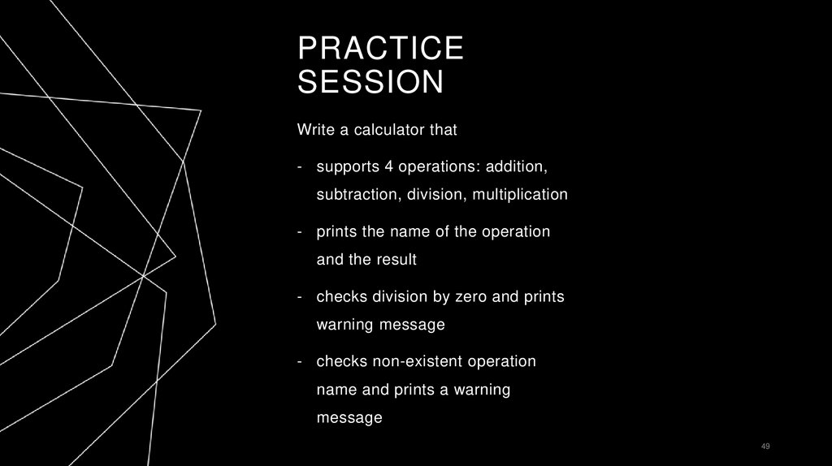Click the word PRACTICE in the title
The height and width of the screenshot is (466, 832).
point(380,49)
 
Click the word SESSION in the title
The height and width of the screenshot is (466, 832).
point(370,82)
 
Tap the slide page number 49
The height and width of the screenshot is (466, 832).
point(765,447)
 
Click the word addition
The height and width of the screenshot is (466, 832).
point(517,166)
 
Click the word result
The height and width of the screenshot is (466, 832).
point(396,260)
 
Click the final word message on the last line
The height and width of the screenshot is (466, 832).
point(349,418)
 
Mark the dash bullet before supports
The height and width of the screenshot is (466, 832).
point(300,166)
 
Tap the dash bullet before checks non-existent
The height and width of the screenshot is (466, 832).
point(300,360)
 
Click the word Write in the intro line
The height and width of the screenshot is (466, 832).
point(315,129)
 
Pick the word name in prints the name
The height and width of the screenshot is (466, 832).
point(409,231)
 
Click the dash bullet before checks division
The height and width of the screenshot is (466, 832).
point(300,296)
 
